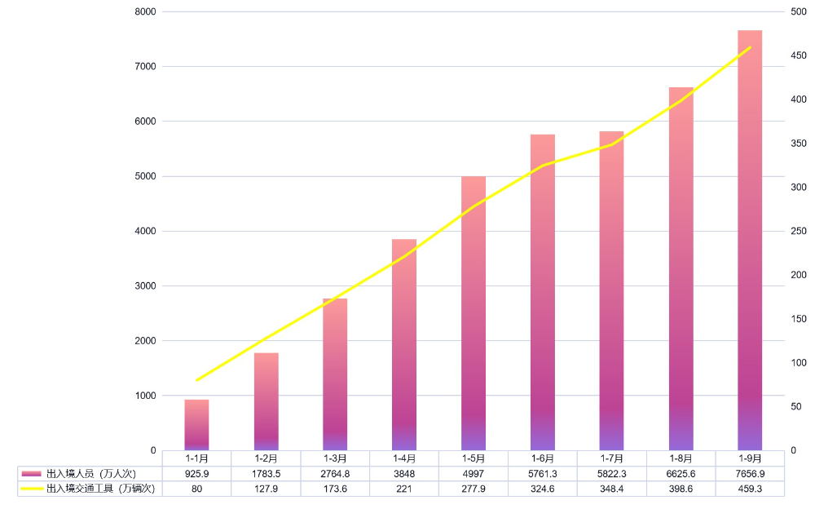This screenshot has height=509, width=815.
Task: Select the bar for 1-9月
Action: tap(750, 241)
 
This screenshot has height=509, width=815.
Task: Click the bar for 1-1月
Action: tap(196, 425)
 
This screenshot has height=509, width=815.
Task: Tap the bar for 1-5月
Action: tap(474, 313)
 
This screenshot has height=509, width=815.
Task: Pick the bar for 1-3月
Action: tap(335, 374)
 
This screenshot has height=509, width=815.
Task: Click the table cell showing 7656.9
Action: tap(750, 473)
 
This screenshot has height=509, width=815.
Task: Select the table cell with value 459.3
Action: tap(750, 488)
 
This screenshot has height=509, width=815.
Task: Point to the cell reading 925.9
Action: tap(196, 473)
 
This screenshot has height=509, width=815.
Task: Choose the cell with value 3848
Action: tap(404, 473)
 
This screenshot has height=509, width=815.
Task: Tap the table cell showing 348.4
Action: tap(611, 488)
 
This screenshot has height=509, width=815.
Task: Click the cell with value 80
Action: tap(196, 488)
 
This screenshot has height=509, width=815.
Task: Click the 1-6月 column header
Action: tap(542, 458)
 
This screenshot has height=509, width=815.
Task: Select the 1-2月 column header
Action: tap(266, 458)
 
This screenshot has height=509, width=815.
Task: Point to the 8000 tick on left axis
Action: tap(147, 11)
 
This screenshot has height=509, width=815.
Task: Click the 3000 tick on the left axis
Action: tap(147, 286)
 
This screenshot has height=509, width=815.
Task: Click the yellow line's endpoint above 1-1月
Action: tap(196, 380)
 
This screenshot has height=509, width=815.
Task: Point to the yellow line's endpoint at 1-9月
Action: tap(750, 47)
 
